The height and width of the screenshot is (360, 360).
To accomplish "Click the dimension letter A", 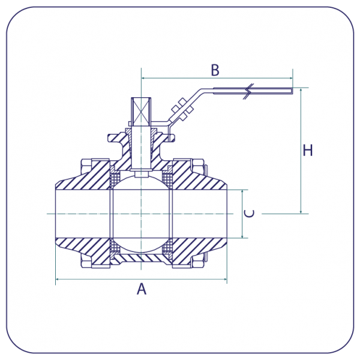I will pyautogui.click(x=142, y=289).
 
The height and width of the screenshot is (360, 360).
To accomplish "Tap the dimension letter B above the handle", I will pyautogui.click(x=215, y=70).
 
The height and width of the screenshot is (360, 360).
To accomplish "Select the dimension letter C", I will pyautogui.click(x=251, y=214).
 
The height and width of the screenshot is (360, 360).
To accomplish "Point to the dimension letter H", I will pyautogui.click(x=308, y=150).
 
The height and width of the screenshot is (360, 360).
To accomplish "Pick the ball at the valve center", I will pyautogui.click(x=142, y=214).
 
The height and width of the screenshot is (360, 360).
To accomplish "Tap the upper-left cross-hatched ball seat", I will pyautogui.click(x=115, y=178).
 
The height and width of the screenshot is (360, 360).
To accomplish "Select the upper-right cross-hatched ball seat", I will pyautogui.click(x=169, y=178).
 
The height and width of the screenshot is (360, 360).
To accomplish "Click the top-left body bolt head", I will pyautogui.click(x=84, y=164).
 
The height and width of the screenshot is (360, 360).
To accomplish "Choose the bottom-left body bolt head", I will pyautogui.click(x=84, y=263).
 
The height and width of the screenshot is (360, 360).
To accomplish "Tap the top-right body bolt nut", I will pyautogui.click(x=199, y=164).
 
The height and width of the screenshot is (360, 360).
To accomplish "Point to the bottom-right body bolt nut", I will pyautogui.click(x=199, y=263).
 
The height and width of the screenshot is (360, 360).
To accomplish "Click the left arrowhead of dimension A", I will pyautogui.click(x=57, y=280).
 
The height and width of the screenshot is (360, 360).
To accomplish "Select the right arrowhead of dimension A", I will pyautogui.click(x=225, y=280).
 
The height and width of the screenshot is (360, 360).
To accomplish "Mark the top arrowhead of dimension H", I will pyautogui.click(x=300, y=90).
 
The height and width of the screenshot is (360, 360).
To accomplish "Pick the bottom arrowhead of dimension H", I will pyautogui.click(x=300, y=211).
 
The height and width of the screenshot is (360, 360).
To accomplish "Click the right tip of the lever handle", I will pyautogui.click(x=292, y=91).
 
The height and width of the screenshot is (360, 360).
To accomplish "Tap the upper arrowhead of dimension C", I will pyautogui.click(x=242, y=191).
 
